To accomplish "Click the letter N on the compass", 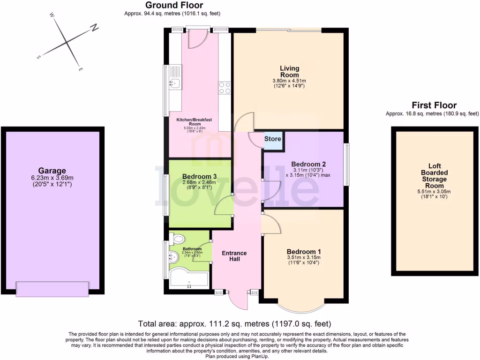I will pos(94,28).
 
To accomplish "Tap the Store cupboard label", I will pos(273,139).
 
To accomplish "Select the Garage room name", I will pos(52,171).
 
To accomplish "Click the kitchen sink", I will pos(174,84).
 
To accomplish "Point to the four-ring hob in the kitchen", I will pos(225,88).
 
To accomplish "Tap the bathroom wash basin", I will pos(173,256).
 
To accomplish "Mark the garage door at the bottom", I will pos(52,289).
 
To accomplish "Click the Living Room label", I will pos(289,72).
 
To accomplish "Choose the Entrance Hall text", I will pos(234,256).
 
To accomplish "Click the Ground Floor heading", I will pos(174,5).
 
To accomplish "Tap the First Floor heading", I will pos(434,105).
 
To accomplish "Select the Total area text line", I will pos(235,324).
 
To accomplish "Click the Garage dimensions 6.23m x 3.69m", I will pos(52,178).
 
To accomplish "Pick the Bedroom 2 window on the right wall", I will pos(346,164).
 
